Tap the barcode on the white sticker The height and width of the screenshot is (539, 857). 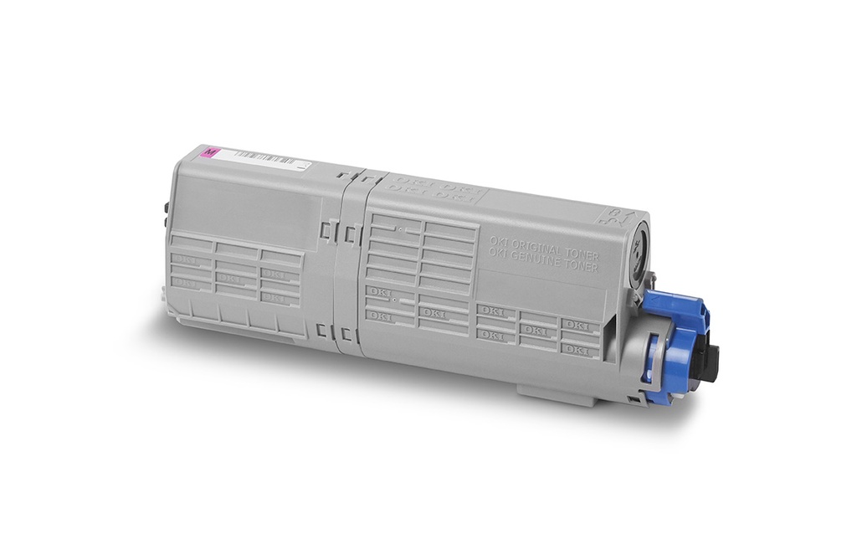pyautogui.click(x=259, y=157)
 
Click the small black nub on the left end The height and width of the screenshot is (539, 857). pyautogui.click(x=167, y=206)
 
